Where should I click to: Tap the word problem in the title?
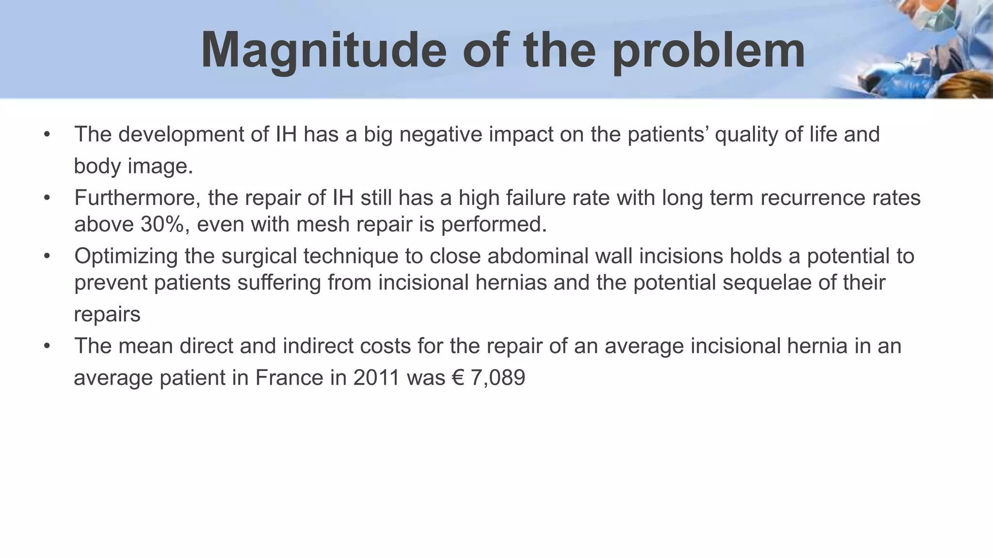pyautogui.click(x=708, y=51)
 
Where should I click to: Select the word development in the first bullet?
pyautogui.click(x=181, y=134)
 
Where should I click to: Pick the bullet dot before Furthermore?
pyautogui.click(x=47, y=198)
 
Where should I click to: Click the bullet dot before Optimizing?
pyautogui.click(x=47, y=256)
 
